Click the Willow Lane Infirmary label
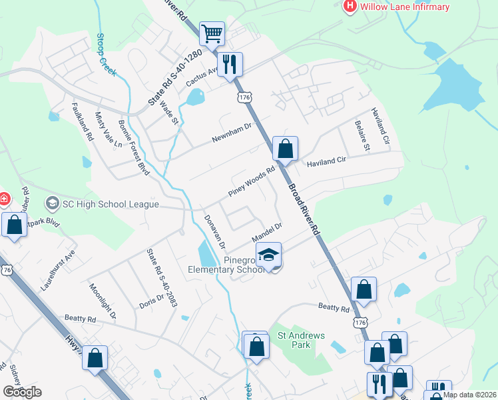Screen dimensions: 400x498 pos(405,7)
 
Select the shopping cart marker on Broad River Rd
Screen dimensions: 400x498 pos(212,33)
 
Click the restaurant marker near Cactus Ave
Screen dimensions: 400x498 pos(230,65)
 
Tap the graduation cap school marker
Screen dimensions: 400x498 pos(268,255)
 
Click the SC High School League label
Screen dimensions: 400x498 pos(111,203)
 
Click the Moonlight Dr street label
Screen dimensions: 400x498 pos(102,300)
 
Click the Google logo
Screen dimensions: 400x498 pos(21,392)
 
